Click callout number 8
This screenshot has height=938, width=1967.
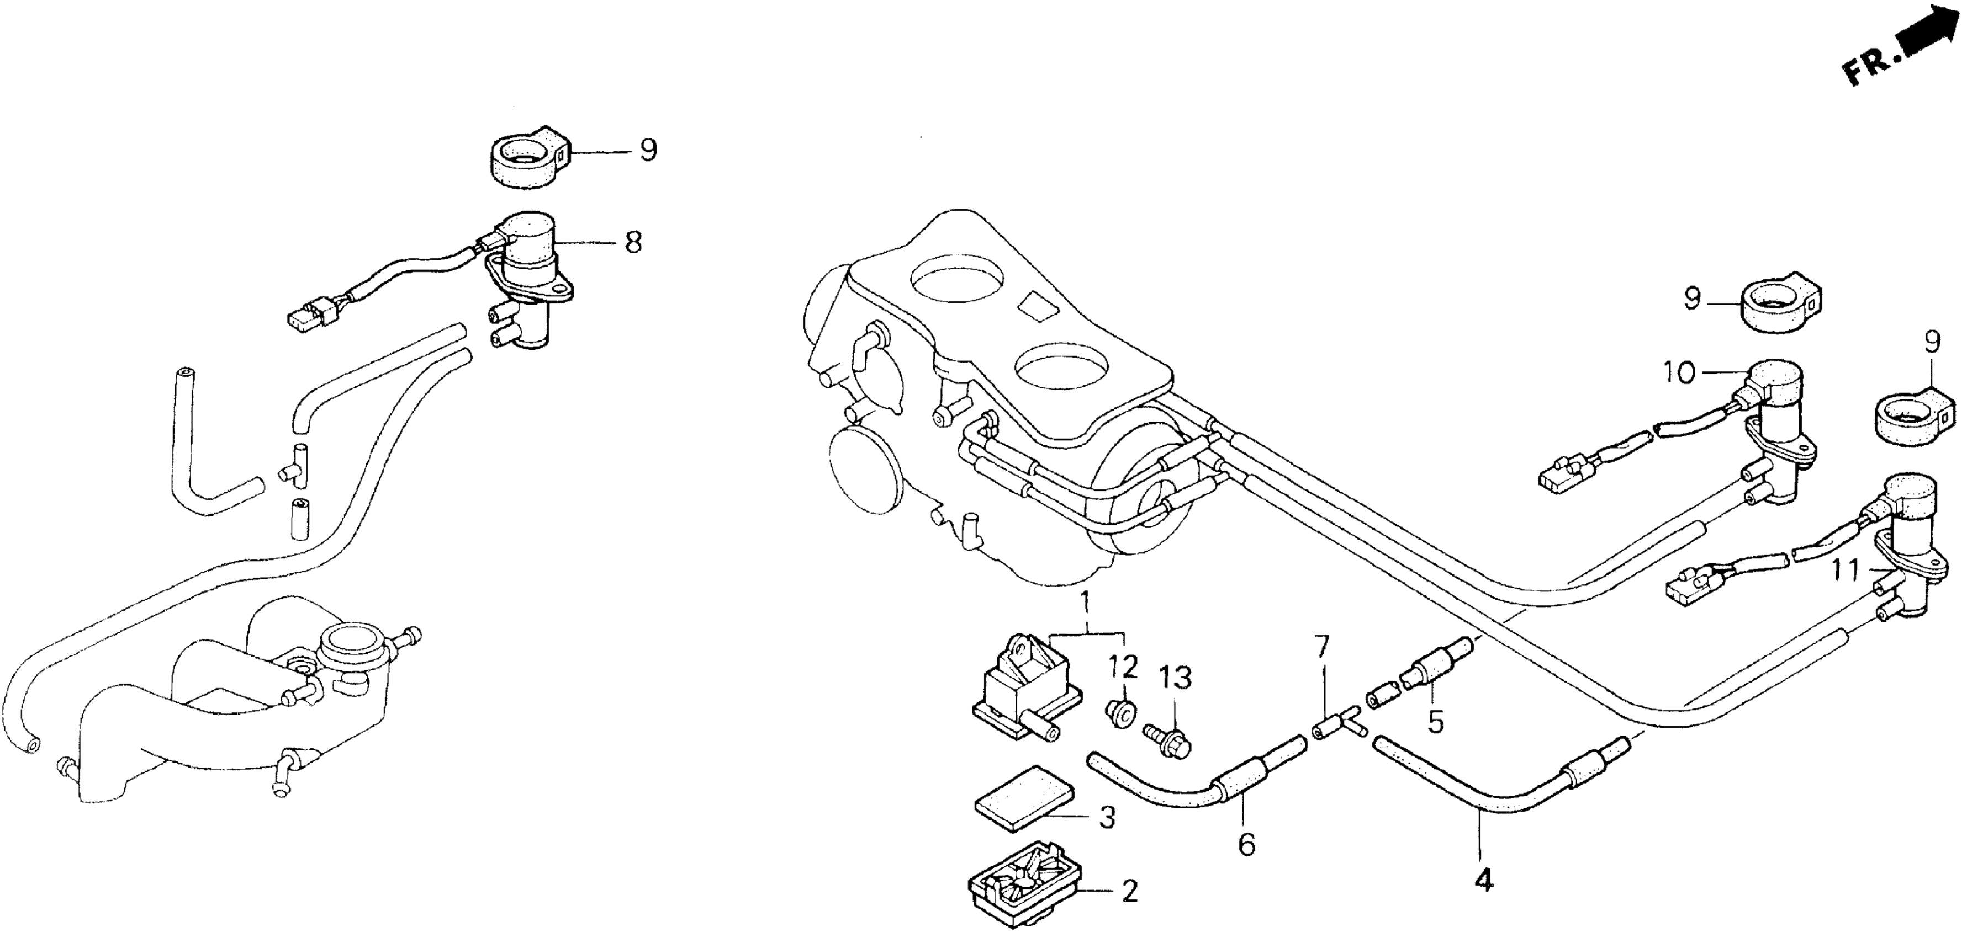coord(632,243)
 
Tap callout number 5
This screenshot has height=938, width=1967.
coord(1436,722)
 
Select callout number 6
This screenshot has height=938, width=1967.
coord(1246,845)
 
